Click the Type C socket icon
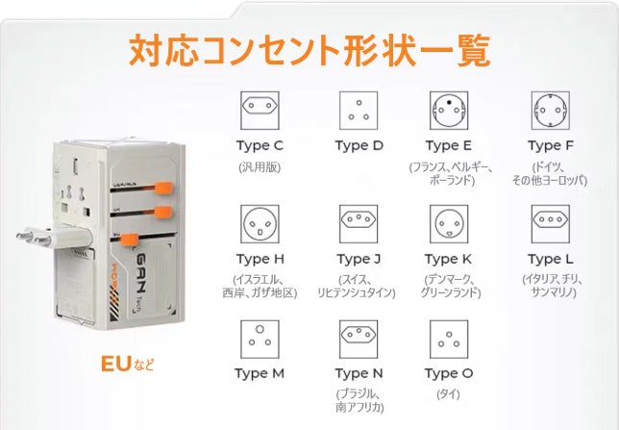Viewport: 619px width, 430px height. pos(260,111)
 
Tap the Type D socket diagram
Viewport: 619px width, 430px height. pos(359,111)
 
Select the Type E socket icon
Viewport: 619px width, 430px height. pos(449,111)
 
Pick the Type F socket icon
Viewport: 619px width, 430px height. pos(551,111)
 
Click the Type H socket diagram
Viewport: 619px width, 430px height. pos(260,224)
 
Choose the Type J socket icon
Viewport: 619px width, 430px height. pos(359,224)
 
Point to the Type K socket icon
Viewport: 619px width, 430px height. pos(449,224)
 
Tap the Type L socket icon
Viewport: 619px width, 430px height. pos(551,224)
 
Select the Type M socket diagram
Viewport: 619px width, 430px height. pos(260,340)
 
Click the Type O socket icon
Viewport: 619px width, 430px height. pos(449,340)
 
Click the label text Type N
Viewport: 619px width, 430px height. pos(359,374)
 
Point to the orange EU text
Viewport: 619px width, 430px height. pos(115,364)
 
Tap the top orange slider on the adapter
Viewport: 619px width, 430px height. pos(163,188)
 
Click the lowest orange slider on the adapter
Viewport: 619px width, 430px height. pos(129,240)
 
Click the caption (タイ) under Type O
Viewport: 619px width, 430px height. pos(449,394)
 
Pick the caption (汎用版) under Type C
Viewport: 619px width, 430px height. pos(260,167)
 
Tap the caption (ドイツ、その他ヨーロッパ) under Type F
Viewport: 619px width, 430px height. pos(550,174)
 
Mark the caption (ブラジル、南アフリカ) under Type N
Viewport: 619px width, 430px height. pos(359,400)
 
